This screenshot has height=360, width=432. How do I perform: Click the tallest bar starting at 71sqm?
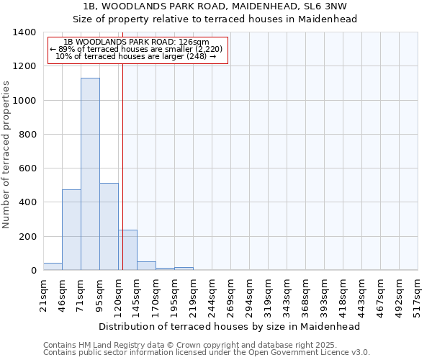click(90, 174)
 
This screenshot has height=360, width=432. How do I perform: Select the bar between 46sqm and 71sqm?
click(71, 230)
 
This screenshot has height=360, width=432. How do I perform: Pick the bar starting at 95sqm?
click(109, 227)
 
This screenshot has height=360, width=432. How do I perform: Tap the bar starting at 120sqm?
click(128, 250)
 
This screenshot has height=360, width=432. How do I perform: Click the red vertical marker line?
click(123, 158)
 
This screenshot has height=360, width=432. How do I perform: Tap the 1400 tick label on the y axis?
click(24, 32)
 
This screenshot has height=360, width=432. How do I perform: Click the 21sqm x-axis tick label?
click(43, 294)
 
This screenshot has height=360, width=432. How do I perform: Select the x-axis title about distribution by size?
click(229, 326)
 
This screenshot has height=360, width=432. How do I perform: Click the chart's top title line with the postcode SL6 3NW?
click(216, 6)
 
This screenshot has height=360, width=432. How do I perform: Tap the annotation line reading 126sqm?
click(136, 42)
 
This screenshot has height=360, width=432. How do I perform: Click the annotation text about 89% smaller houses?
click(136, 49)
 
